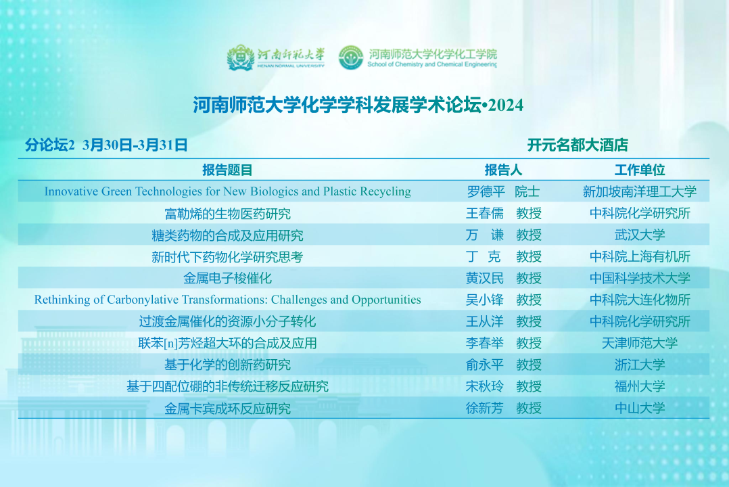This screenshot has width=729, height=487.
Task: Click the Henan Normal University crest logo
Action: pyautogui.click(x=240, y=57)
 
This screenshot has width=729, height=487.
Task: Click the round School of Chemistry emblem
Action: pyautogui.click(x=351, y=57)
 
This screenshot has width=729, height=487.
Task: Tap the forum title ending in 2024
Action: pyautogui.click(x=358, y=105)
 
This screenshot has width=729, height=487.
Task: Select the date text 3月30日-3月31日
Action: pyautogui.click(x=135, y=145)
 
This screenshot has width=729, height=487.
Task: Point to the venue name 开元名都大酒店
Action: pyautogui.click(x=578, y=145)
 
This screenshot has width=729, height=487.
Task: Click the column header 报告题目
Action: pyautogui.click(x=227, y=170)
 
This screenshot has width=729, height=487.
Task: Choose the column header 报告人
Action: pyautogui.click(x=504, y=170)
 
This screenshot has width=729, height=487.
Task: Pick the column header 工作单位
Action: pyautogui.click(x=640, y=170)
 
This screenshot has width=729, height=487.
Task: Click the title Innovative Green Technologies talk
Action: pyautogui.click(x=227, y=191)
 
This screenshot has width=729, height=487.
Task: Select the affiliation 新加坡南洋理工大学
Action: pyautogui.click(x=640, y=191)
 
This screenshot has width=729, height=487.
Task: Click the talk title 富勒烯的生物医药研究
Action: pyautogui.click(x=227, y=214)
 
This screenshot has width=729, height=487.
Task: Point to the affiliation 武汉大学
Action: pyautogui.click(x=640, y=235)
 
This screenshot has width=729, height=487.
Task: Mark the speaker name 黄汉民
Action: pyautogui.click(x=485, y=278)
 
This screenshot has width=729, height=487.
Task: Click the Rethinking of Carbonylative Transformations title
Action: pyautogui.click(x=227, y=300)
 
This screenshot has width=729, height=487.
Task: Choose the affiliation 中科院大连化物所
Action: pyautogui.click(x=640, y=300)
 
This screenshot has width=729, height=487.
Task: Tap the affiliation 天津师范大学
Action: pyautogui.click(x=640, y=344)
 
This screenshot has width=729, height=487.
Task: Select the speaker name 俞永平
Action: pyautogui.click(x=485, y=365)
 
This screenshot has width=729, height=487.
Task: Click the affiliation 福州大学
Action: pyautogui.click(x=640, y=386)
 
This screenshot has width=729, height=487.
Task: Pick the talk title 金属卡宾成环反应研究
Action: pyautogui.click(x=227, y=409)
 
